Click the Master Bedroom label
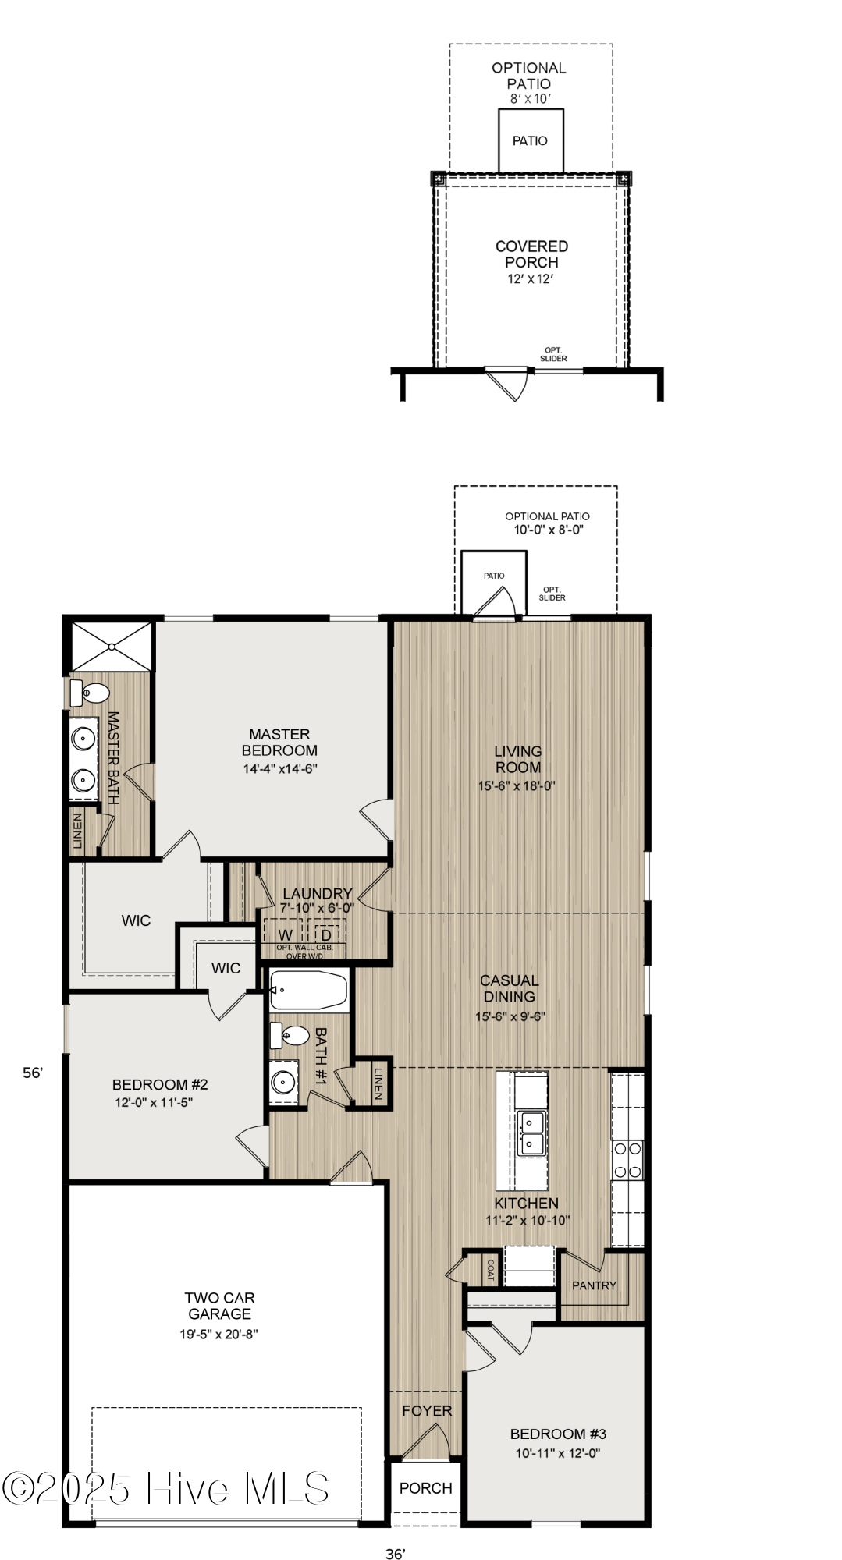point(279,742)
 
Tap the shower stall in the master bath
point(112,646)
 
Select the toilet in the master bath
point(92,692)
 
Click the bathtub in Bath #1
point(309,991)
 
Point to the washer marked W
point(286,934)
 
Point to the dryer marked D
point(326,934)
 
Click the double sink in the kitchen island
point(531,1133)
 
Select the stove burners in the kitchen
point(627,1159)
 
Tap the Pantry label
point(594,1285)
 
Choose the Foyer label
point(427,1410)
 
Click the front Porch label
point(425,1488)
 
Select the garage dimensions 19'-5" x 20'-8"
point(218,1334)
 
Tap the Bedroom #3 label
point(558,1434)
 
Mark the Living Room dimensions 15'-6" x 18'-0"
point(517,786)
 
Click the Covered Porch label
point(531,254)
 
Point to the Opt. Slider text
point(553,354)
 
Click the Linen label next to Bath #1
point(378,1083)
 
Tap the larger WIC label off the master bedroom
point(136,920)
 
